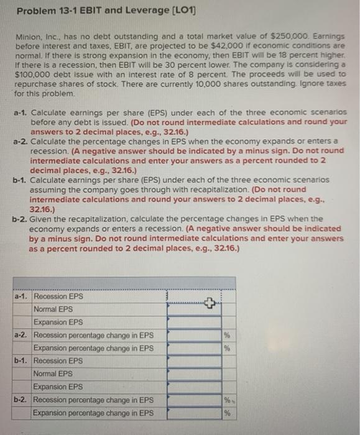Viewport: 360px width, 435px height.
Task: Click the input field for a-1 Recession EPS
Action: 193,296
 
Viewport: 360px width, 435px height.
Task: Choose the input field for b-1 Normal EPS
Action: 193,374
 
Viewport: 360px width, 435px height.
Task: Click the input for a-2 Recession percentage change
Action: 193,336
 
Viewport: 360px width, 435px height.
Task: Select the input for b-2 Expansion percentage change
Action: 193,413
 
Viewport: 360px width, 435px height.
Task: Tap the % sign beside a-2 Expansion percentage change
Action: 228,349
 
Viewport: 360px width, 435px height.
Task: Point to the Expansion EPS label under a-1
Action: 58,323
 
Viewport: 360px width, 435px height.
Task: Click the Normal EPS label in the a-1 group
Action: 53,309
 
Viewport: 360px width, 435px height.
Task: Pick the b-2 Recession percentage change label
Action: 93,400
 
